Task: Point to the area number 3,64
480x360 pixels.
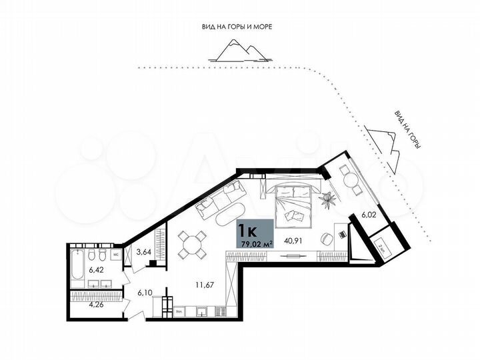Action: pos(143,252)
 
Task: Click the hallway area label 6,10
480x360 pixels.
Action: pos(145,292)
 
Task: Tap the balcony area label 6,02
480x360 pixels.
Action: pos(369,215)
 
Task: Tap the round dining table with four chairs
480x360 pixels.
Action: pos(193,243)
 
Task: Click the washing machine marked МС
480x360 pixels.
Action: pos(115,255)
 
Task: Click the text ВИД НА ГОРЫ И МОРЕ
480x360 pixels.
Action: pos(238,27)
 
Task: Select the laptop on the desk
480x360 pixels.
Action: pos(341,233)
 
